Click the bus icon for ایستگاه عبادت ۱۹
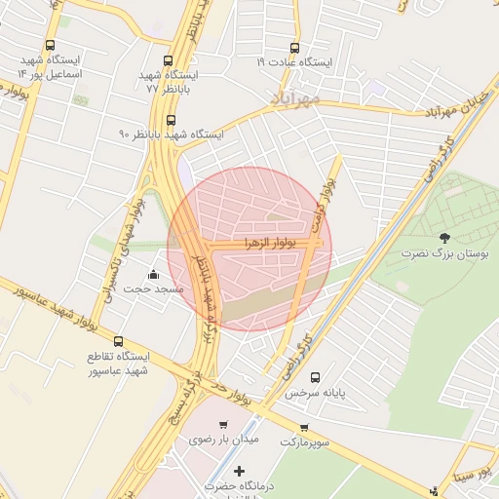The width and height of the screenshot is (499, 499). click(x=295, y=47)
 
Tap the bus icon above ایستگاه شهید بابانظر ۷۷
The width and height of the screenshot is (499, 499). click(x=169, y=60)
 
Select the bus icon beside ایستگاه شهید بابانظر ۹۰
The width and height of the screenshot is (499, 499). click(x=172, y=121)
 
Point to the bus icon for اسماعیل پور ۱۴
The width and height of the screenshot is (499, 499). click(x=51, y=46)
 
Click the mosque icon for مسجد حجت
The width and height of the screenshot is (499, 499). click(x=152, y=274)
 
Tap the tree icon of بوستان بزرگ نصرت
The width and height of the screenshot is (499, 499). click(x=445, y=238)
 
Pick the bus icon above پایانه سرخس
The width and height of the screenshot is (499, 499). click(x=314, y=378)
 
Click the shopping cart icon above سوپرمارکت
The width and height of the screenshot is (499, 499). click(x=305, y=427)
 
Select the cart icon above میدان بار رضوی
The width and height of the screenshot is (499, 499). click(x=224, y=425)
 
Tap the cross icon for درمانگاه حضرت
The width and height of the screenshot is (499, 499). click(x=240, y=471)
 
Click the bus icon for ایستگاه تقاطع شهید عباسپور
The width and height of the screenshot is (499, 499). click(x=118, y=342)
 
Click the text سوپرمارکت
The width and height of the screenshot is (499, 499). click(x=305, y=442)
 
